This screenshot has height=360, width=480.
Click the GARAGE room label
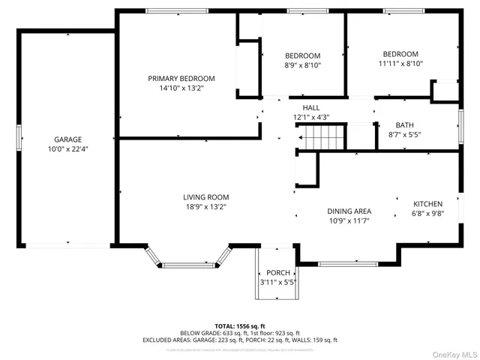click(67, 139)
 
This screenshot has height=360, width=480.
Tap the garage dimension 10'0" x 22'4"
click(67, 148)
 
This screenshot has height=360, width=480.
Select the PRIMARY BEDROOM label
click(181, 79)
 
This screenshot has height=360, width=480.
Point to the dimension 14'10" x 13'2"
click(181, 88)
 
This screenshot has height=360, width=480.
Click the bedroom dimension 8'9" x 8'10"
click(302, 65)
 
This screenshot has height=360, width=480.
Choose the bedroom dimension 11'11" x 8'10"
click(400, 64)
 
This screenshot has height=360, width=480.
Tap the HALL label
click(310, 108)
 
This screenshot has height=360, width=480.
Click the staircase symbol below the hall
click(321, 137)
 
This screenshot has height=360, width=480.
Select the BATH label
click(404, 125)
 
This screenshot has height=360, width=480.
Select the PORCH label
click(277, 273)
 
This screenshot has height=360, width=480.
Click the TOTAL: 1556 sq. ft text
click(239, 325)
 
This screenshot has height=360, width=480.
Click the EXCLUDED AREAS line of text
click(239, 340)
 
